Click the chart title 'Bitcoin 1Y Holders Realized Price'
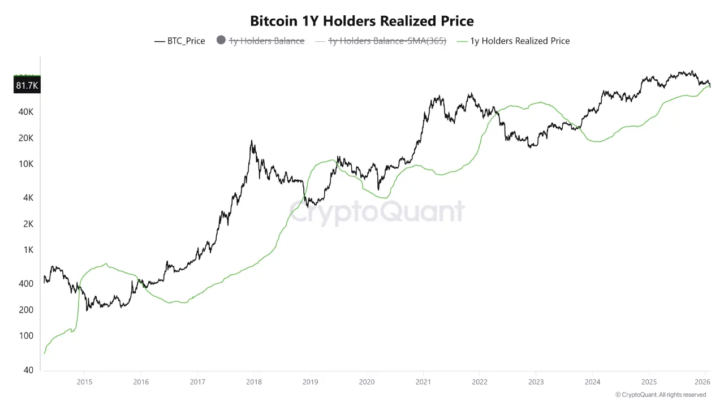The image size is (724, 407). pyautogui.click(x=362, y=21)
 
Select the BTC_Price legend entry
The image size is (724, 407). pyautogui.click(x=180, y=41)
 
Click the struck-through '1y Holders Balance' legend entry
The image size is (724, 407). pyautogui.click(x=266, y=41)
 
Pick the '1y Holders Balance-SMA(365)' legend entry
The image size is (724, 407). pyautogui.click(x=387, y=41)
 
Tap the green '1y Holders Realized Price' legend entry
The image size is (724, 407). pyautogui.click(x=519, y=41)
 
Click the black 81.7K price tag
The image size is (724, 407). pyautogui.click(x=27, y=85)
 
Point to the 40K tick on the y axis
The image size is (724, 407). pyautogui.click(x=26, y=112)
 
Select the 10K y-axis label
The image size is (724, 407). pyautogui.click(x=26, y=164)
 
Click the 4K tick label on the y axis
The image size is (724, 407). pyautogui.click(x=28, y=198)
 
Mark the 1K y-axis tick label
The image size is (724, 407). pyautogui.click(x=28, y=250)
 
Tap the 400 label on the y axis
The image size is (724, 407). pyautogui.click(x=26, y=284)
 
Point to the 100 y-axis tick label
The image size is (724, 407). pyautogui.click(x=26, y=336)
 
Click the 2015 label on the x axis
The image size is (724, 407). pyautogui.click(x=84, y=381)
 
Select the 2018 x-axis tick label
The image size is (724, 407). pyautogui.click(x=254, y=381)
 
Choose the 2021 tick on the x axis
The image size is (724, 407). pyautogui.click(x=423, y=381)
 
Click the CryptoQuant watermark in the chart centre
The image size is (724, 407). pyautogui.click(x=377, y=212)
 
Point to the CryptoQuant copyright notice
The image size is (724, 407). pyautogui.click(x=661, y=395)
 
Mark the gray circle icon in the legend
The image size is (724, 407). pyautogui.click(x=221, y=41)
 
